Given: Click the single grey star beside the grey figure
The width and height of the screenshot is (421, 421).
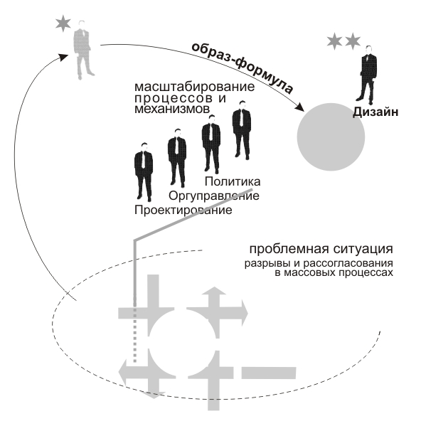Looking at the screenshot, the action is point(63,23).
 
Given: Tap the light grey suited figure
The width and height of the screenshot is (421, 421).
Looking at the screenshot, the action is point(83,50).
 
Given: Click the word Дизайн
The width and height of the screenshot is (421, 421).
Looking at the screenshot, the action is point(375,112).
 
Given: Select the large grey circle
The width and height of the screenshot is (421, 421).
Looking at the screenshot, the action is point(331,137).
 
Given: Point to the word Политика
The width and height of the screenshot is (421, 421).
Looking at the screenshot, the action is point(233,182).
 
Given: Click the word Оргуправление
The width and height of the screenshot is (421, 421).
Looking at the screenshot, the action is point(214,196).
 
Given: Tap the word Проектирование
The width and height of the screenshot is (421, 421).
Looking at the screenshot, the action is point(183,210).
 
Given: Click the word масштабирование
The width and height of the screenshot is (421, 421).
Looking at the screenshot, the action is point(194,87).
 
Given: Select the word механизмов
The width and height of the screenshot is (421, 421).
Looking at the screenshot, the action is point(172,109).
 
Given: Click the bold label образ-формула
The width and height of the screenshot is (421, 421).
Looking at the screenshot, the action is point(242,67).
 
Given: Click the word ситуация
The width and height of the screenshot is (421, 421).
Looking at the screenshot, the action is point(363,250).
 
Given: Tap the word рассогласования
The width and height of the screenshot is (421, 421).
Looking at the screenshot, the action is point(348,264).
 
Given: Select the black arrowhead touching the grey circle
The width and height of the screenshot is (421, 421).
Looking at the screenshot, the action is point(299,107).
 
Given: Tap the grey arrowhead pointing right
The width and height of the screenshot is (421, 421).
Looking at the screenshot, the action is point(245,313).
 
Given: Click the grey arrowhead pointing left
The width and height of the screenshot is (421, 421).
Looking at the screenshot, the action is point(123,373).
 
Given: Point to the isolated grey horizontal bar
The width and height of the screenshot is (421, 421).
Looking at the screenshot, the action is point(269,373).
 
